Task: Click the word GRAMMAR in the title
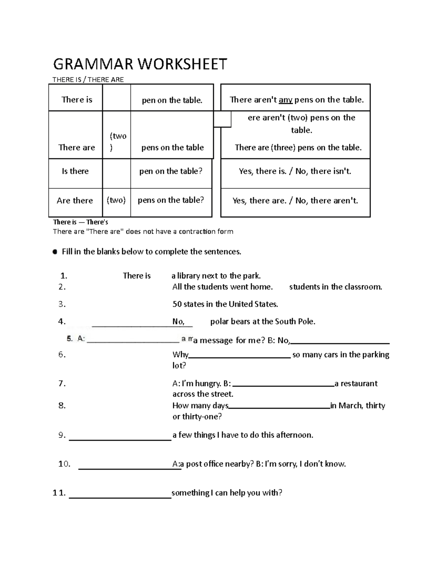93,64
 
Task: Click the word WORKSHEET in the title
183,64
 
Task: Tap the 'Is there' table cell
75,171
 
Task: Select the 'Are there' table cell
75,201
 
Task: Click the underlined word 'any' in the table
285,100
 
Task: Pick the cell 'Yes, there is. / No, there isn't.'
295,171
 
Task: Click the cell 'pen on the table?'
171,171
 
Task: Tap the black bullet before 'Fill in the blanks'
55,252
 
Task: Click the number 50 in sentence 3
177,304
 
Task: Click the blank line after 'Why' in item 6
240,357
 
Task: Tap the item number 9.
62,435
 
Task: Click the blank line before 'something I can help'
120,497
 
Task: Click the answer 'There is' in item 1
137,276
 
